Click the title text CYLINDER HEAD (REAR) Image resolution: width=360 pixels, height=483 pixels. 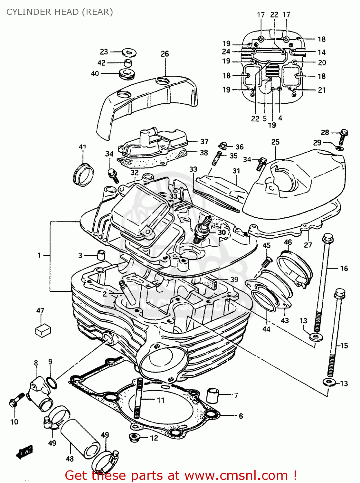60,12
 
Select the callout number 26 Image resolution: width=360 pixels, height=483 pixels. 165,54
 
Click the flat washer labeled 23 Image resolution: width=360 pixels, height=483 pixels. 129,52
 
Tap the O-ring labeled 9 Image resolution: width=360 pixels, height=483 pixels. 52,383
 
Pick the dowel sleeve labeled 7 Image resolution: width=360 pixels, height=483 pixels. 213,395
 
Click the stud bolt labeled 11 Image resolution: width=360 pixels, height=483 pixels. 139,399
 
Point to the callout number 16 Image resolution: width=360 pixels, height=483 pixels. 344,268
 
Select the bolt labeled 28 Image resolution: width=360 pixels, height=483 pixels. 343,137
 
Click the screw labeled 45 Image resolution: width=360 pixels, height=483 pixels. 266,262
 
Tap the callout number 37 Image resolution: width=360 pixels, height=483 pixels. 204,142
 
